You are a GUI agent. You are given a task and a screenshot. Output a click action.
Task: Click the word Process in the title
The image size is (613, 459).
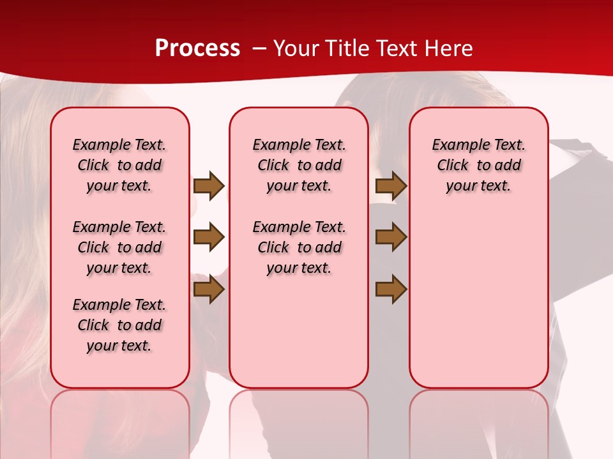pyautogui.click(x=197, y=48)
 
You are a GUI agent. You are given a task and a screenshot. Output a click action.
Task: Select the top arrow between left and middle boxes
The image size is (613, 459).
pyautogui.click(x=209, y=186)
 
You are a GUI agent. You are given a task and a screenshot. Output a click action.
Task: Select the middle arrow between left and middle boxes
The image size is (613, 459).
pyautogui.click(x=209, y=237)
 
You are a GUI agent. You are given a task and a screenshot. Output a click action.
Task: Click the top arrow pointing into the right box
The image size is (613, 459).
pyautogui.click(x=391, y=186)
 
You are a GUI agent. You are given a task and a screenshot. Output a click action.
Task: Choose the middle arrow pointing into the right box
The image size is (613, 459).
pyautogui.click(x=391, y=237)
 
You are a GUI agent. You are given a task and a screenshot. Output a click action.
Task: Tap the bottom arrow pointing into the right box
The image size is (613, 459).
pyautogui.click(x=391, y=289)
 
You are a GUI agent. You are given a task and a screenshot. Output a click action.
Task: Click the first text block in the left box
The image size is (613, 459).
pyautogui.click(x=119, y=165)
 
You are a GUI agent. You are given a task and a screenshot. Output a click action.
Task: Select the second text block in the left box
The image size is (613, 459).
pyautogui.click(x=119, y=247)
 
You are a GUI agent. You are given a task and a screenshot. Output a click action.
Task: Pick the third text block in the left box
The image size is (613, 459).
pyautogui.click(x=119, y=325)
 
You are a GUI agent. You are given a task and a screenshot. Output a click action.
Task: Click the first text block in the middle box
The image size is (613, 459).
pyautogui.click(x=299, y=165)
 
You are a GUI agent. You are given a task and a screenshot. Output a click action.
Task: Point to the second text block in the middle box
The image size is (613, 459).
pyautogui.click(x=299, y=247)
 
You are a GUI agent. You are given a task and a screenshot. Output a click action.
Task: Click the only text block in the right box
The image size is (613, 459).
pyautogui.click(x=479, y=165)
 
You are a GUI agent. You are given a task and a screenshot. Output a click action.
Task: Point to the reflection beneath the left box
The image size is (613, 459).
pyautogui.click(x=120, y=414)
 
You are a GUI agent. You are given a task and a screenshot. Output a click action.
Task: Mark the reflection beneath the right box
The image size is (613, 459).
pyautogui.click(x=479, y=414)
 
